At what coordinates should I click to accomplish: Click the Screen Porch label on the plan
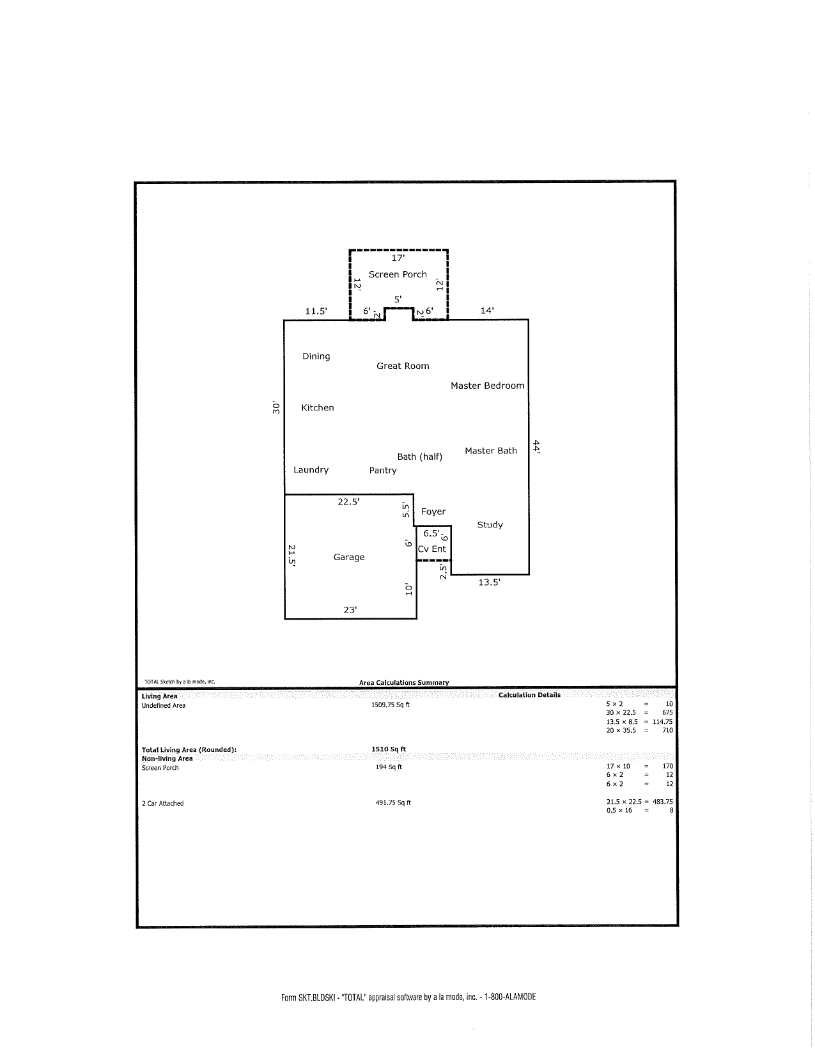(398, 274)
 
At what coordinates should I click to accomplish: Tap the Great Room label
(403, 366)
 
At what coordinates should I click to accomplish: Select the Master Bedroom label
(487, 386)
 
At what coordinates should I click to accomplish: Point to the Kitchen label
(318, 407)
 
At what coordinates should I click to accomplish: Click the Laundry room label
(311, 470)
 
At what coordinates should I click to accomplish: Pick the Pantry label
(383, 471)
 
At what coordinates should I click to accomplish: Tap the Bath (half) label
(419, 457)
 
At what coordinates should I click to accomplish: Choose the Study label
(490, 525)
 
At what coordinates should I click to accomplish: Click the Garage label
(349, 558)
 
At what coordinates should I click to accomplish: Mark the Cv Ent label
(432, 549)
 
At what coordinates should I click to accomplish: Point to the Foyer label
(433, 512)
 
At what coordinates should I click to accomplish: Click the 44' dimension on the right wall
(538, 447)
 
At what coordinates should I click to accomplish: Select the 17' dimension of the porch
(398, 258)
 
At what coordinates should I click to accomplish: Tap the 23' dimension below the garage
(350, 610)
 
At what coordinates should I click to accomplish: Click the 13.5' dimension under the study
(489, 582)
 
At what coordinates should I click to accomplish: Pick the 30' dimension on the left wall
(276, 407)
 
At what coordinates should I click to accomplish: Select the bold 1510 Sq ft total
(389, 749)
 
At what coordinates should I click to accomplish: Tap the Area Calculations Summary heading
(404, 683)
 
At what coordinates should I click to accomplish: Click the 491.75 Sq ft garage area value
(392, 803)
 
